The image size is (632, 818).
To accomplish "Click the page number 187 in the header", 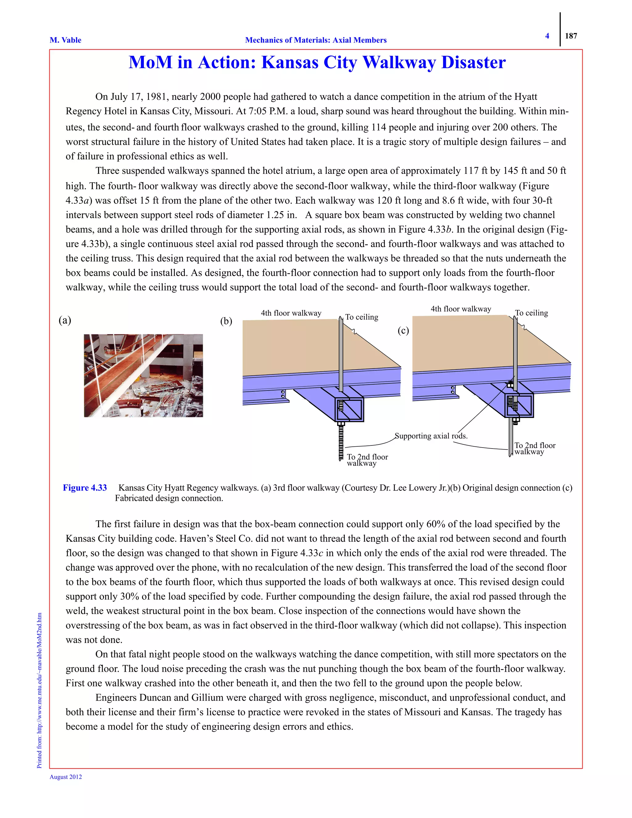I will tap(571, 36).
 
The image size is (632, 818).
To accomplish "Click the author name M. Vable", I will tap(65, 40).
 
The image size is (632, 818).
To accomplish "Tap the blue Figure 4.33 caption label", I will tap(85, 488).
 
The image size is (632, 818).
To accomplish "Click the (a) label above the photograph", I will tap(65, 320).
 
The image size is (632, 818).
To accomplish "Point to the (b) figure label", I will tap(226, 321).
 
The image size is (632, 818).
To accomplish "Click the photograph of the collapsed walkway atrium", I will tap(143, 375).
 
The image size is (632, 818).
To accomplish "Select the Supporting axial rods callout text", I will tap(431, 436).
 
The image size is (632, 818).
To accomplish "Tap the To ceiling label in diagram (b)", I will tap(361, 317).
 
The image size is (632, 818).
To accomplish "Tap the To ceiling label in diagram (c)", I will tap(531, 313).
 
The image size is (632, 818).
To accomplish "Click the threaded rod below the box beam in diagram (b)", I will tap(341, 442).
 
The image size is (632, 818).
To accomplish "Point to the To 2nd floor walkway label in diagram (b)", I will tap(367, 460).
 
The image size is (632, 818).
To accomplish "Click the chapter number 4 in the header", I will tap(547, 36).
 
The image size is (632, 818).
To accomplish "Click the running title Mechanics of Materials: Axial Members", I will tap(316, 40).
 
